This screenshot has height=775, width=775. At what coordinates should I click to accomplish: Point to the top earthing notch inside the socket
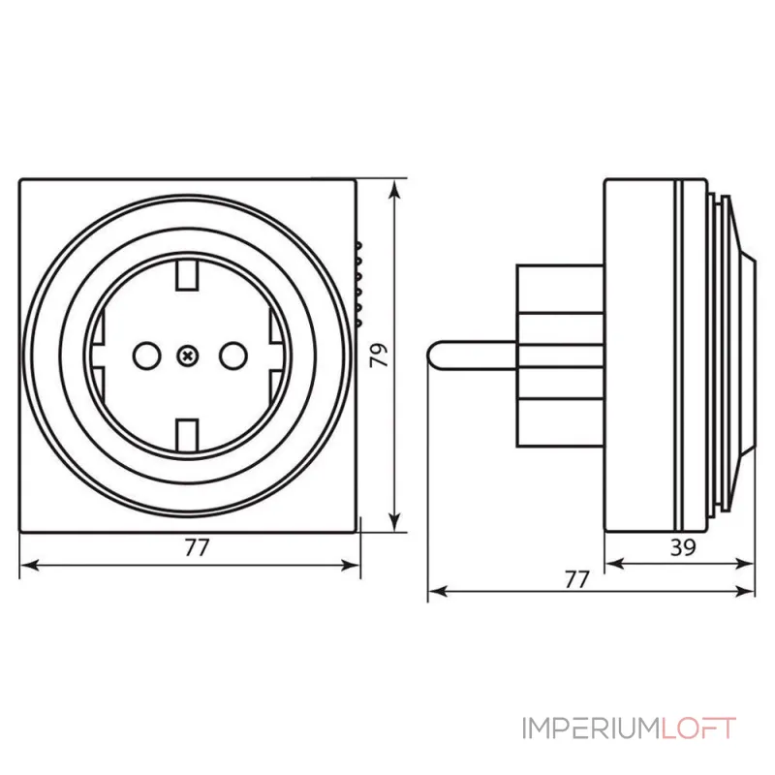(x=188, y=277)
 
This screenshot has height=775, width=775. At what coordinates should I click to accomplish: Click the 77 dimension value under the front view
(x=197, y=547)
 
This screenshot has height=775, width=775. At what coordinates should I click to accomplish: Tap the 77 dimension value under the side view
(x=577, y=578)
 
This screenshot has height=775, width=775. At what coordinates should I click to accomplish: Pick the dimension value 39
(x=683, y=546)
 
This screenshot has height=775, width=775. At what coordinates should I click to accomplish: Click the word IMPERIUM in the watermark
(x=590, y=728)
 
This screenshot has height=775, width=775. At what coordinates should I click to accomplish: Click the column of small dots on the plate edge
(x=357, y=281)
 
